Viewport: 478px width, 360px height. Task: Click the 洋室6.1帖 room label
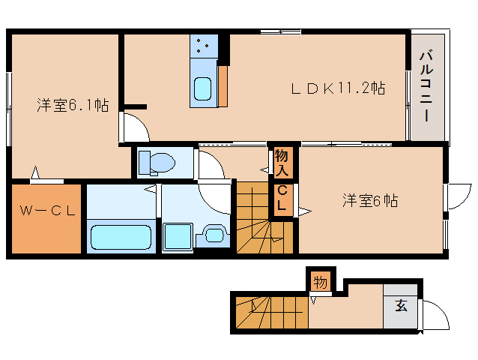73,106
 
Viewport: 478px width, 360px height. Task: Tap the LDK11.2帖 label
338,88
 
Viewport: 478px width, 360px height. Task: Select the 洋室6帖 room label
370,200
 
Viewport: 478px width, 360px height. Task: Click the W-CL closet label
46,211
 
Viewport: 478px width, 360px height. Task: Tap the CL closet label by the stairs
282,198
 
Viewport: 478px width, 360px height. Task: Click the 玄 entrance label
401,305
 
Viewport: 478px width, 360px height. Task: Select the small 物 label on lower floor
321,283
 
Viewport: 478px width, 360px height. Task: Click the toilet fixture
157,161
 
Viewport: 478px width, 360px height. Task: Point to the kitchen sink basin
203,88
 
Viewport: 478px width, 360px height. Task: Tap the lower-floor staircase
270,312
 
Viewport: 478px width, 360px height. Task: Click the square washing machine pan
178,235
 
